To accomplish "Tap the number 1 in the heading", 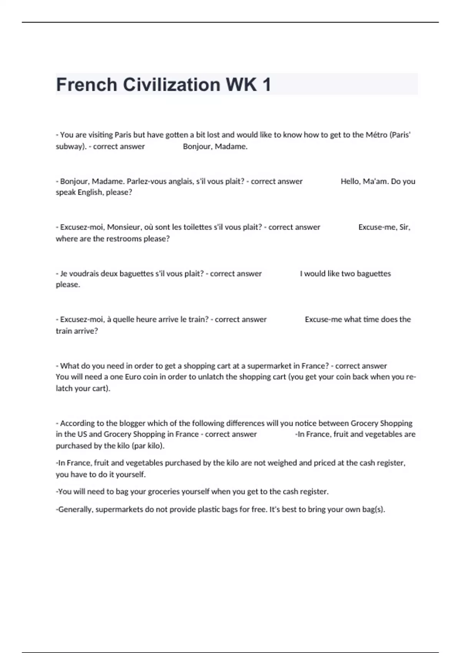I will tap(266, 85).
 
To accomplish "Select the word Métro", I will tap(376, 135).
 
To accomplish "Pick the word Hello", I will tap(350, 181).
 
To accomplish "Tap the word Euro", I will tap(133, 377).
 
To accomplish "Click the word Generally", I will tap(75, 510).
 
